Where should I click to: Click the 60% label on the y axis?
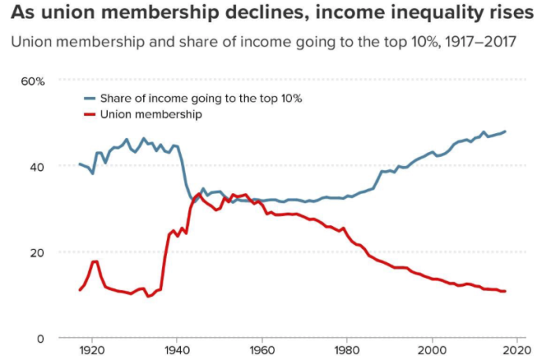(33, 81)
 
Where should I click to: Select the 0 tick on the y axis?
(40, 338)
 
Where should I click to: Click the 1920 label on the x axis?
(91, 350)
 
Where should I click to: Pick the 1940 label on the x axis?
(176, 350)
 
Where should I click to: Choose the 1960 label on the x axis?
(261, 350)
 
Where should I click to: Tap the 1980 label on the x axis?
(346, 350)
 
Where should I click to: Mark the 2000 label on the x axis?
(431, 350)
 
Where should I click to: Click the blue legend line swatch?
(91, 98)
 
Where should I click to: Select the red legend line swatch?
(91, 114)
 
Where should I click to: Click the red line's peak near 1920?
(94, 262)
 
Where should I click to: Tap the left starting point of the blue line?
(80, 164)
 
